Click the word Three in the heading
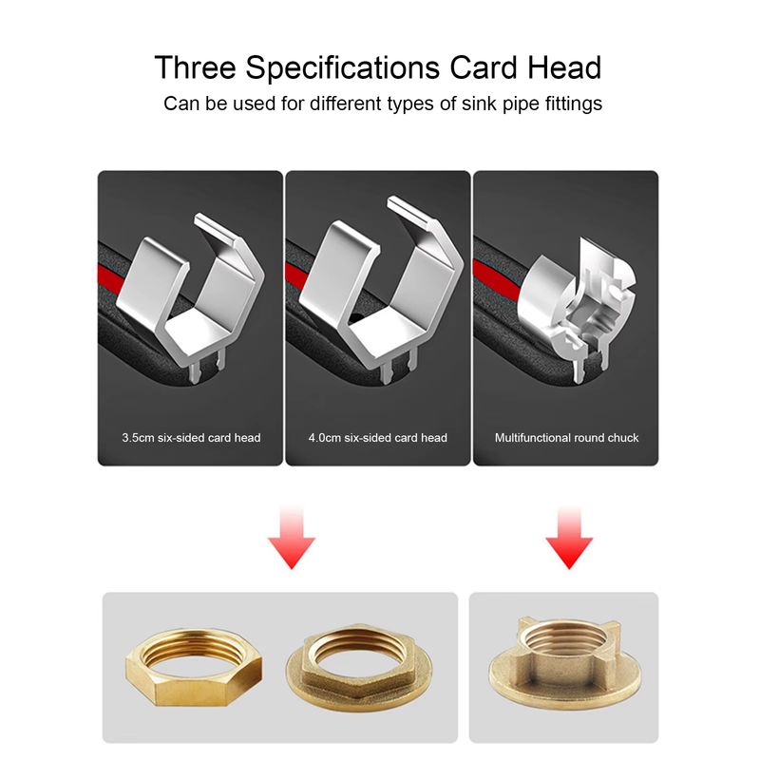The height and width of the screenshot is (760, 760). (x=196, y=66)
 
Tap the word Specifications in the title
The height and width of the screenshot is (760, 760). (x=342, y=68)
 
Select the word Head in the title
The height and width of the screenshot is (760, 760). (x=564, y=66)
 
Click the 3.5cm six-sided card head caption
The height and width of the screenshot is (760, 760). (x=191, y=438)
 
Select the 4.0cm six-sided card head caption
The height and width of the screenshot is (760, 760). (x=377, y=438)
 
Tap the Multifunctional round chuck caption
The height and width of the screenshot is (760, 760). (x=566, y=438)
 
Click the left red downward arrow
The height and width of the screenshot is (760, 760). (x=292, y=538)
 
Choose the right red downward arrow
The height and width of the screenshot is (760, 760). (x=569, y=538)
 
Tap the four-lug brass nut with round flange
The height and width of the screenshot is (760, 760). (x=564, y=663)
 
